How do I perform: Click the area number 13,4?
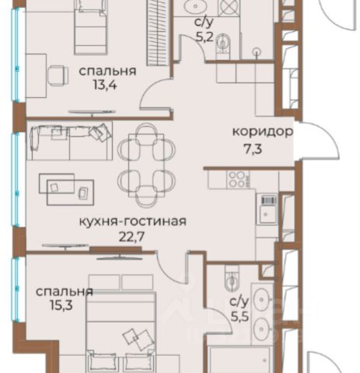tap(105, 85)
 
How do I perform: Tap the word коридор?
tap(263, 133)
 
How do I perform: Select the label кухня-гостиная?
tap(133, 222)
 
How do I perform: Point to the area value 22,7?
tap(131, 237)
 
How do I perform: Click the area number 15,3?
tap(61, 305)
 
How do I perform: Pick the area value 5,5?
tap(239, 316)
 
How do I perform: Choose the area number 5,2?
tap(204, 37)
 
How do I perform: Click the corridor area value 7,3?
tap(253, 149)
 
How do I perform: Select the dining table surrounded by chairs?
tap(146, 165)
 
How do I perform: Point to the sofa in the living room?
tap(69, 141)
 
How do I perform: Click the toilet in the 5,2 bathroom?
tap(222, 44)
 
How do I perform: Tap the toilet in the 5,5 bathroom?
tap(232, 279)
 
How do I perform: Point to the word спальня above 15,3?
tap(65, 292)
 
